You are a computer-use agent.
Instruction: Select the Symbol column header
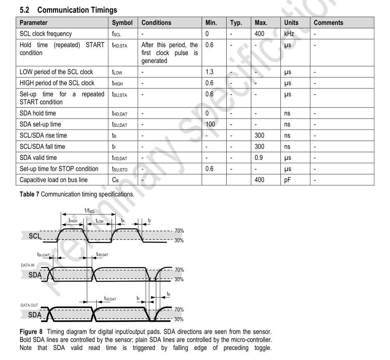pos(122,23)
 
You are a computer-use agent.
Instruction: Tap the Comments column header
pos(328,23)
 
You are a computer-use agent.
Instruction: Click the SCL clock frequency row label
pos(46,34)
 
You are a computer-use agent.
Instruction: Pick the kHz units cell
pos(289,34)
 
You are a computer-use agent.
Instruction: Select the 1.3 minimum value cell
pos(210,72)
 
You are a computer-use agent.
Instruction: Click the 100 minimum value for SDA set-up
pos(211,125)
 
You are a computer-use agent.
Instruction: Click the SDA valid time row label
pos(38,158)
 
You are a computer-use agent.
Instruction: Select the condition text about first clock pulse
pos(170,53)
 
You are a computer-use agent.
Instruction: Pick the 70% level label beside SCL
pos(179,231)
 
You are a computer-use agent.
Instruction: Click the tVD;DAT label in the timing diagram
pos(110,299)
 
